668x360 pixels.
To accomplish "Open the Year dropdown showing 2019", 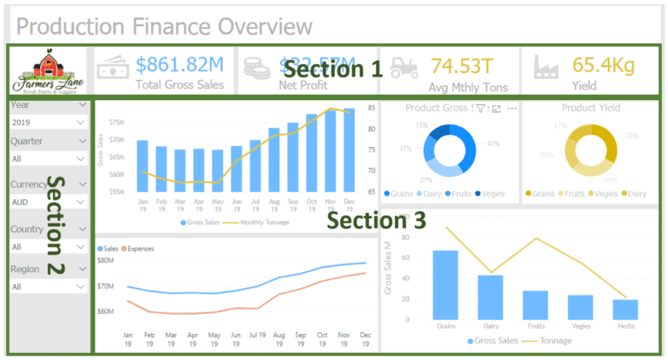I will (49, 123).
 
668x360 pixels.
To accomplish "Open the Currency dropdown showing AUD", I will (49, 202).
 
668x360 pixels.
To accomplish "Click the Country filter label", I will (27, 229).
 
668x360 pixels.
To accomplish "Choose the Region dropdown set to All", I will (49, 286).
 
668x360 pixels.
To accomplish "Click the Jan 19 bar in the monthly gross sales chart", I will (143, 166).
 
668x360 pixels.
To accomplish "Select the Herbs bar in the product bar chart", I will (625, 310).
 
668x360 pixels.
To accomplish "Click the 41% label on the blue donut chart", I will (493, 143).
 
